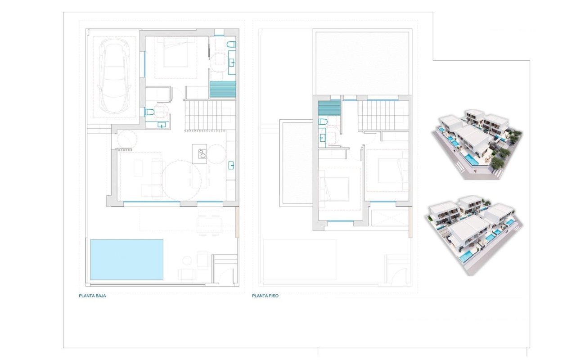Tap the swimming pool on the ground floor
tap(126, 260)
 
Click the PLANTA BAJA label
tap(92, 296)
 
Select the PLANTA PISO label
tap(265, 296)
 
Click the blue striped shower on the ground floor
tap(223, 89)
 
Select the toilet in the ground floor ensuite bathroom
tap(231, 44)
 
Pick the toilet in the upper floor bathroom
tap(323, 121)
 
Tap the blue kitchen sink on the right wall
tap(231, 165)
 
